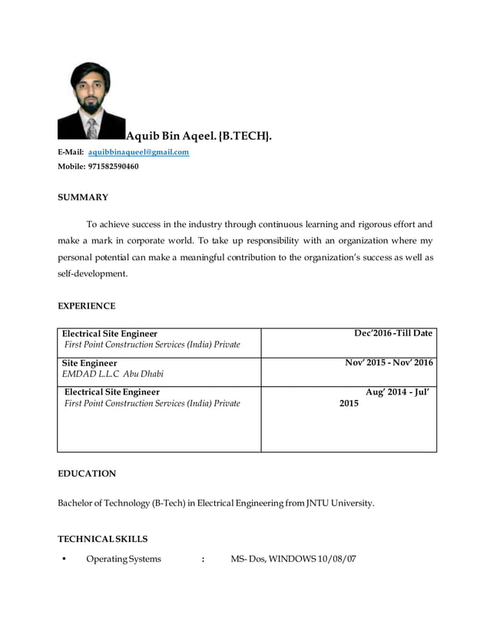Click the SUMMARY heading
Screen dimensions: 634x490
(x=83, y=197)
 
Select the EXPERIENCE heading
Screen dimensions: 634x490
(x=87, y=305)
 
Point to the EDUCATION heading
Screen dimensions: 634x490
(x=87, y=474)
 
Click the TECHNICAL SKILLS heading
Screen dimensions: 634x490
(x=103, y=539)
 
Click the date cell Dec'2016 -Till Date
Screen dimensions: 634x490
(x=392, y=333)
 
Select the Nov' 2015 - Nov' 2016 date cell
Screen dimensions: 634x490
(x=389, y=362)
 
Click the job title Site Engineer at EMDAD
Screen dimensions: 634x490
(x=90, y=363)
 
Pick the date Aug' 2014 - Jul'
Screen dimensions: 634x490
(x=396, y=391)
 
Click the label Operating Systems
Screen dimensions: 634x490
(x=123, y=559)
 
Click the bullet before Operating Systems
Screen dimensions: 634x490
(x=64, y=559)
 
